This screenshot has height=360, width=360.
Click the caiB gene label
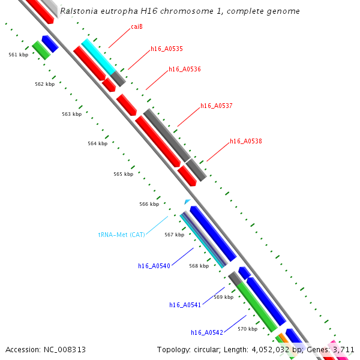click(x=137, y=27)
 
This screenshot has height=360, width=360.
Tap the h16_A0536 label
click(x=184, y=70)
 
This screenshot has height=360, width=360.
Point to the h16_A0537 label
click(x=216, y=106)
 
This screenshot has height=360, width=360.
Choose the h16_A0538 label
click(x=245, y=142)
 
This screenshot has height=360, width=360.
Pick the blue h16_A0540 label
click(x=154, y=266)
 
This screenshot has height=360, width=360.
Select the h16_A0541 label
click(x=185, y=305)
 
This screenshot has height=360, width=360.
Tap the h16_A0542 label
click(x=207, y=332)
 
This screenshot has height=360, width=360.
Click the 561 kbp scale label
click(x=18, y=55)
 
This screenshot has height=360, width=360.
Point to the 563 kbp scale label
click(x=71, y=114)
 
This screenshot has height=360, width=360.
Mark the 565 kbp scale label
click(x=123, y=174)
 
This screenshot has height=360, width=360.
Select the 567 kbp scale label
click(x=174, y=235)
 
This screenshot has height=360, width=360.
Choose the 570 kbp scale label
click(x=247, y=329)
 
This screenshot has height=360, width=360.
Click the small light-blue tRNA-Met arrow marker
click(x=188, y=202)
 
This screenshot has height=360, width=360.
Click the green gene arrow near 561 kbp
click(x=41, y=50)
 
